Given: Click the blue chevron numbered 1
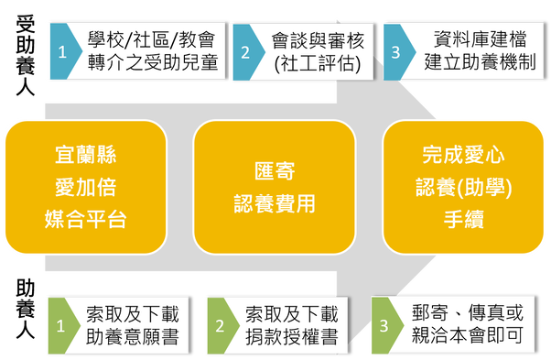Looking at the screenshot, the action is click(x=63, y=51).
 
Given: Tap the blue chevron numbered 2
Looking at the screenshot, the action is click(x=246, y=52).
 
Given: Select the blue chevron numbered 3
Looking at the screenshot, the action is click(x=396, y=52).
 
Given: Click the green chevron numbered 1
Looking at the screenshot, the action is click(x=62, y=325).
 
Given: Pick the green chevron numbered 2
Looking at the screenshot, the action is click(x=221, y=325).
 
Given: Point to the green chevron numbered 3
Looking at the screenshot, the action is click(x=384, y=325).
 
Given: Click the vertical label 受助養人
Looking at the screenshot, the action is click(x=26, y=55).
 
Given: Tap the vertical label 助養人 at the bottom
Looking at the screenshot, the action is click(x=26, y=310).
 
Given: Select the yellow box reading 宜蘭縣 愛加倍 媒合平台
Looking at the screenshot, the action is click(x=86, y=187).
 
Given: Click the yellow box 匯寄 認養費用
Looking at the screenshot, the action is click(x=275, y=187).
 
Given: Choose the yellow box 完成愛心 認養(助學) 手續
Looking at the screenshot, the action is click(x=463, y=187).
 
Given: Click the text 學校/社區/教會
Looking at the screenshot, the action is click(x=151, y=39).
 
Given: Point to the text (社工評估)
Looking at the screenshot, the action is click(x=318, y=63).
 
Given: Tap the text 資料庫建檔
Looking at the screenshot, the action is click(x=480, y=39).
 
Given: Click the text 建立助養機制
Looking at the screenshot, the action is click(x=480, y=62).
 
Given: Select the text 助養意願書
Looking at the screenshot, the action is click(x=133, y=336).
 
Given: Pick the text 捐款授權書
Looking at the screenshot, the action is click(x=292, y=336).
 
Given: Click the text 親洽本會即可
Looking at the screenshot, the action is click(x=468, y=335).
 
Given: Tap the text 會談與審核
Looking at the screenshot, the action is click(x=318, y=41).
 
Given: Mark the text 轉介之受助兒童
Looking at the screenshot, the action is click(x=153, y=62).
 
